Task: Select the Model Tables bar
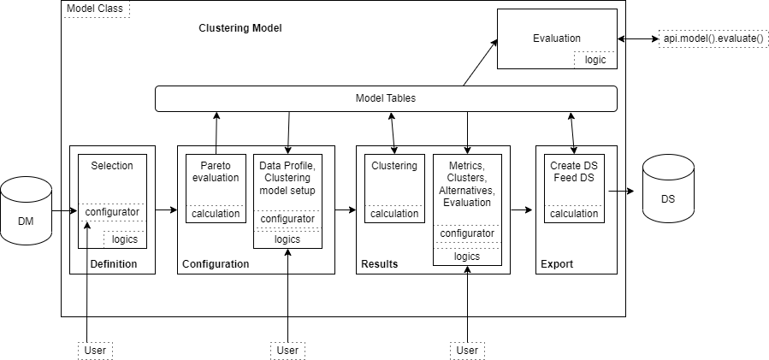tap(385, 98)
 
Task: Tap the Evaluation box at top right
tap(556, 38)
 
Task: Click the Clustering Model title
tap(240, 28)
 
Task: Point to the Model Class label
tap(95, 9)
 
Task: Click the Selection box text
tap(112, 165)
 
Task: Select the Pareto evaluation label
tap(216, 172)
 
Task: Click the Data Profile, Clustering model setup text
tap(287, 178)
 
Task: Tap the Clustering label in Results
tap(394, 165)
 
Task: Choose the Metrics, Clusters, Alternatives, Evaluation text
tap(467, 184)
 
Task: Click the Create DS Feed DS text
tap(573, 172)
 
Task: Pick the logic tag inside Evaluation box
tap(595, 60)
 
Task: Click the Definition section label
tap(113, 263)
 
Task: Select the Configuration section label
tap(216, 263)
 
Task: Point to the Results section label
tap(379, 263)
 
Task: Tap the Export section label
tap(556, 263)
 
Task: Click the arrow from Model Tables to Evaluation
tap(481, 62)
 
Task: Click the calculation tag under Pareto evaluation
tap(216, 213)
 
